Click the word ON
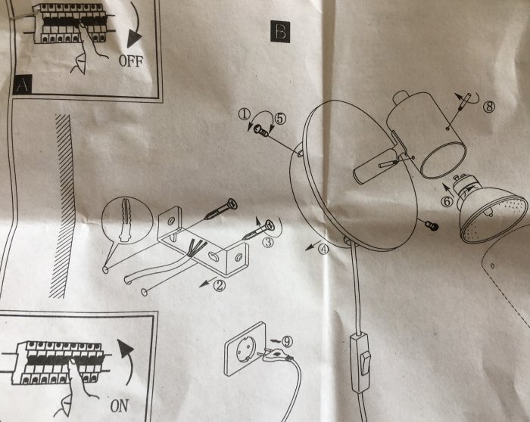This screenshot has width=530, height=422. pyautogui.click(x=119, y=405)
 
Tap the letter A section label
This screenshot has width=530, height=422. pyautogui.click(x=23, y=85)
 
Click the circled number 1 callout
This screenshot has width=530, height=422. pyautogui.click(x=244, y=114)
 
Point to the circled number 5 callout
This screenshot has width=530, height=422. pyautogui.click(x=279, y=118)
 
